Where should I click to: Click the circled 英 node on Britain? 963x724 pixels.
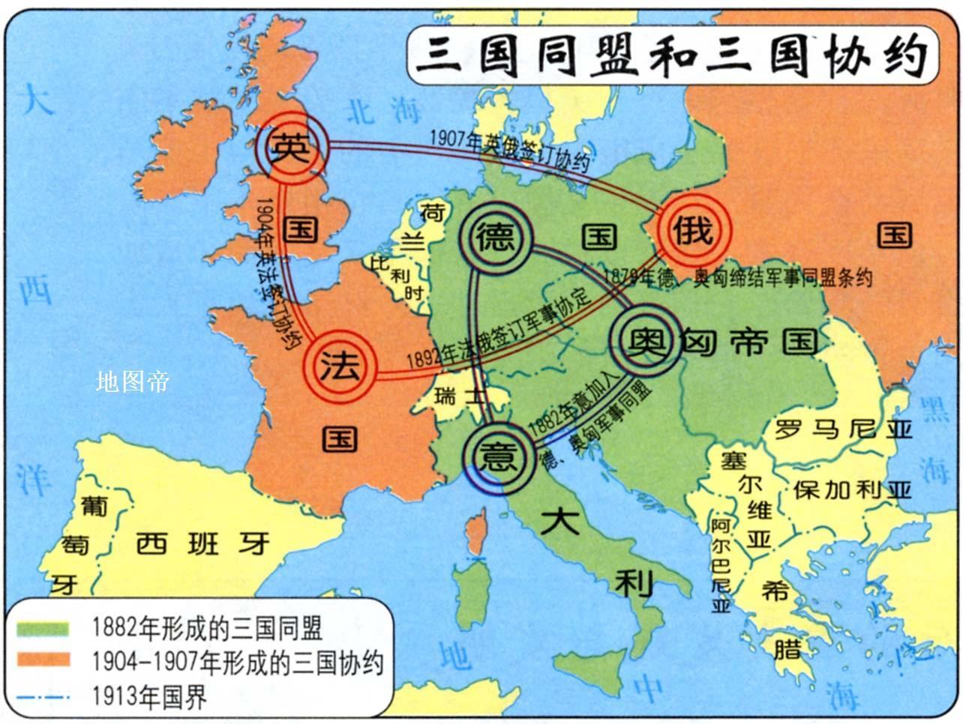(291, 147)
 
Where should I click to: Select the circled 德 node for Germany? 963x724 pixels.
(496, 238)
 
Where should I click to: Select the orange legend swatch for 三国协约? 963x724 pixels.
(46, 661)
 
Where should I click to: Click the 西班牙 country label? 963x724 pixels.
(202, 541)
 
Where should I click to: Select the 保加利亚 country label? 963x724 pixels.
(852, 489)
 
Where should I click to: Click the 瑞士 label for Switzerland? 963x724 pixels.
(460, 396)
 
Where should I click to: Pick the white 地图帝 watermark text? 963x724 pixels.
(133, 381)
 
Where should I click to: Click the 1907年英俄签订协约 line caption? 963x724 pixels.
(510, 150)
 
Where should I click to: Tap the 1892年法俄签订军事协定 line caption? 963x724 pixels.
(499, 328)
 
